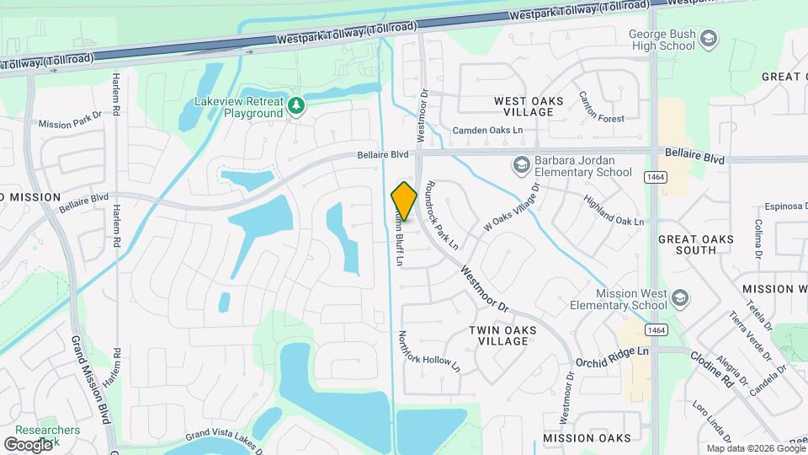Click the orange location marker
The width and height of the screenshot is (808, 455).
pos(404,201)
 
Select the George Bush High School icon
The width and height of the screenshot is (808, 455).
pos(709,38)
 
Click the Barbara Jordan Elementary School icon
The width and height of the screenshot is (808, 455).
pos(522,164)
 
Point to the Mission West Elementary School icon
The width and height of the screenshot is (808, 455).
pos(680,297)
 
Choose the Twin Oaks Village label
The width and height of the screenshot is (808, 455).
pos(501,335)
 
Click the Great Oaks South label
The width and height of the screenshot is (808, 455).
pos(696,244)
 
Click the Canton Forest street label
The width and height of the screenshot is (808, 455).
pos(601,108)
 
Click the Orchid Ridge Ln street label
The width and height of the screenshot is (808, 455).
pos(612,356)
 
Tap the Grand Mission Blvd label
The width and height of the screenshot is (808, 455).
pos(92,380)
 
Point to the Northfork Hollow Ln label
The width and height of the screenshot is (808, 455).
pos(429,351)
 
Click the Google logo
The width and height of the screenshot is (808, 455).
pos(29,444)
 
